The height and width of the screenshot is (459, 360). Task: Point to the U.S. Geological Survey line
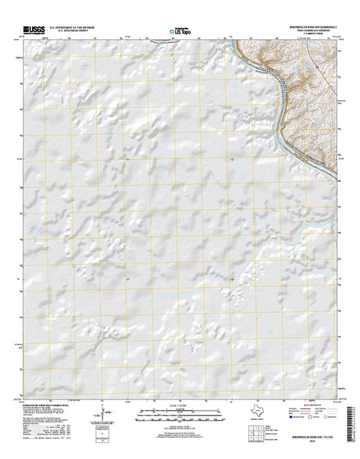click(x=76, y=31)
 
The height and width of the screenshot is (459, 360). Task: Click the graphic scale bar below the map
click(x=178, y=417)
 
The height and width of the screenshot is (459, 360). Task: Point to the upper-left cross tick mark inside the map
click(x=128, y=159)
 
